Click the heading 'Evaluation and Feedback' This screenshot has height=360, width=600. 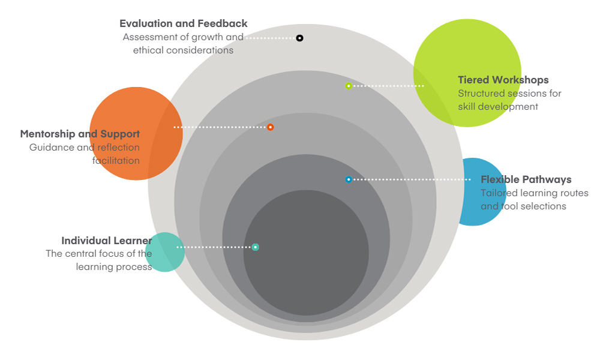click(x=183, y=24)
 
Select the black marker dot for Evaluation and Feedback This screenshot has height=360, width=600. click(x=299, y=38)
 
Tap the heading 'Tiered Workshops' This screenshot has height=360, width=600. click(x=503, y=80)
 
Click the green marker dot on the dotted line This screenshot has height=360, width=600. click(x=349, y=86)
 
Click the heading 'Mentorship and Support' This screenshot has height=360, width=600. click(x=80, y=134)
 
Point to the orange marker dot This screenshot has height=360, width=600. click(x=271, y=127)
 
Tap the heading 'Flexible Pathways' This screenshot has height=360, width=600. click(x=526, y=179)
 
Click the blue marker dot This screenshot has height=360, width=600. click(x=349, y=179)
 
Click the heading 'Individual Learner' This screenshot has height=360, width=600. click(x=106, y=241)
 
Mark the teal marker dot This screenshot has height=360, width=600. click(x=256, y=247)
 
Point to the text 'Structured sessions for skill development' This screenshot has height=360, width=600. click(x=509, y=100)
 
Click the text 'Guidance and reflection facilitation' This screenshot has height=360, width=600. click(x=85, y=154)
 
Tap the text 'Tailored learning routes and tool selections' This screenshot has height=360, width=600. click(x=533, y=200)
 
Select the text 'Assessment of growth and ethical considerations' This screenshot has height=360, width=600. click(x=183, y=44)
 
